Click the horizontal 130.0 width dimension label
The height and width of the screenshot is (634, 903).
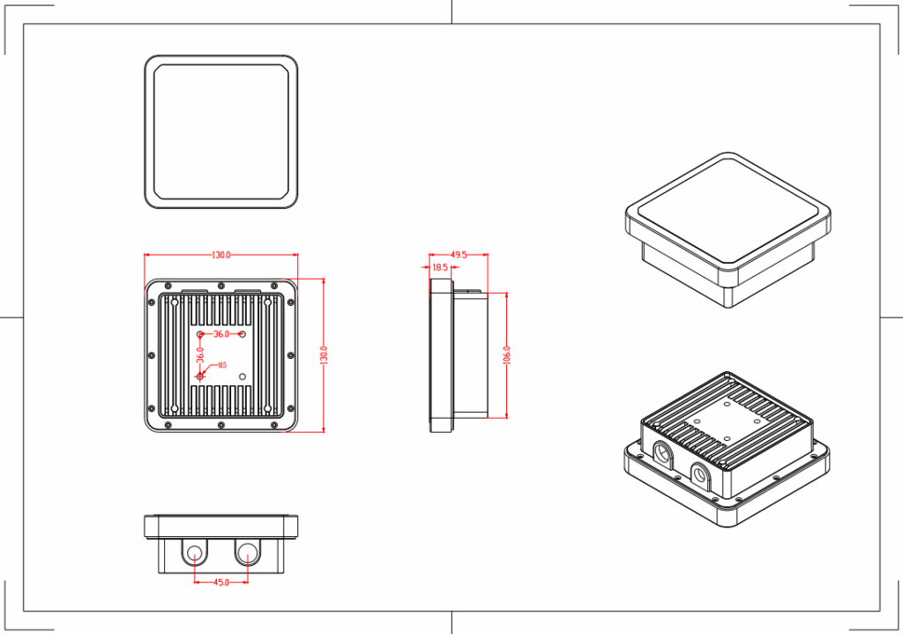(220, 255)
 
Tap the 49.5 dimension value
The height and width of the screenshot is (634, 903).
(459, 254)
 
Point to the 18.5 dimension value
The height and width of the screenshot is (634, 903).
(440, 266)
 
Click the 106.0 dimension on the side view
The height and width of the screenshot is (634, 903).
(507, 355)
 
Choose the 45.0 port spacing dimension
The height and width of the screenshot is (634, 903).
(220, 582)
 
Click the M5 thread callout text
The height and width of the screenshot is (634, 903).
(222, 365)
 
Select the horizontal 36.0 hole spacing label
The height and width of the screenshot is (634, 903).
(221, 334)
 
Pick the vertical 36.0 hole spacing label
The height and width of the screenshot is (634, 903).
(201, 354)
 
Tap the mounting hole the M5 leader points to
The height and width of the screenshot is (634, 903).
(201, 376)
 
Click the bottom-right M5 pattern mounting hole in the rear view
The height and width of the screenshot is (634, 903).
(243, 376)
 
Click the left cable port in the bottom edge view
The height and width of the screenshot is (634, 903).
(195, 554)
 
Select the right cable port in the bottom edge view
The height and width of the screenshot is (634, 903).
(247, 554)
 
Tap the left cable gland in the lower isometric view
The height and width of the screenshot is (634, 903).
(661, 454)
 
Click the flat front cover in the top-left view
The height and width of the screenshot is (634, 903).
(220, 132)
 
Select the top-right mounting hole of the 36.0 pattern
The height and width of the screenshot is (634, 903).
(243, 334)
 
